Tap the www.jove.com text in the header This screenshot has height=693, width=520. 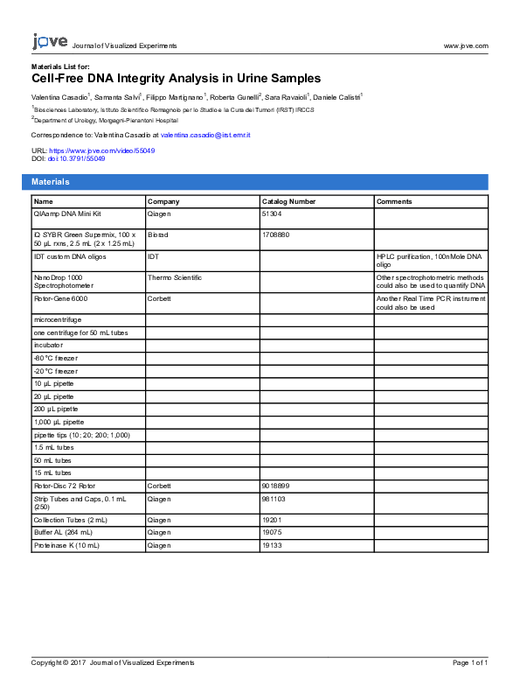(465, 45)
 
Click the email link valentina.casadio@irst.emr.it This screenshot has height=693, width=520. (205, 135)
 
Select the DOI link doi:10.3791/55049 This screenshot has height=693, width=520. (82, 158)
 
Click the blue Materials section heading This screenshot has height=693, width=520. (51, 182)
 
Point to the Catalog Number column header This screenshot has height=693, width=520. (288, 201)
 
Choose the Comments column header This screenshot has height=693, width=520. (394, 201)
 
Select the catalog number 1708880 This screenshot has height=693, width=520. (275, 234)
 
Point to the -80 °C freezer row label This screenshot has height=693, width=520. (55, 359)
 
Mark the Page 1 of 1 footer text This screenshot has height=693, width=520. (469, 663)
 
